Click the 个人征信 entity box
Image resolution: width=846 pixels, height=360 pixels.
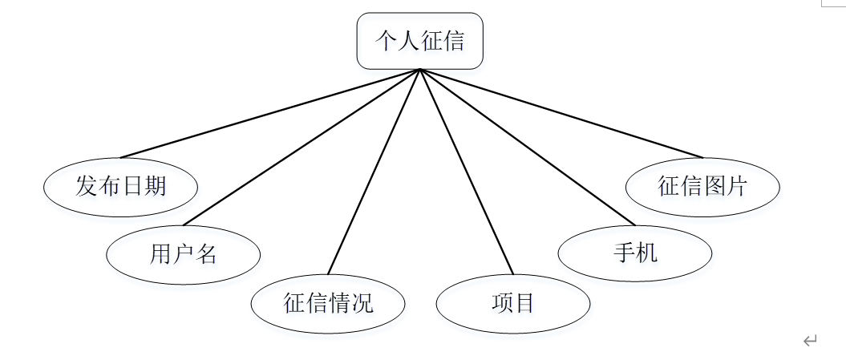coord(419,41)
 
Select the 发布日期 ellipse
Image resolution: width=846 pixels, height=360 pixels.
coord(120,187)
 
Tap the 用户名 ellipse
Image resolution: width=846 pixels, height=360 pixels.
coord(183,254)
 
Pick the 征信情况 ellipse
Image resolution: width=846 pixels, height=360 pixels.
coord(328,304)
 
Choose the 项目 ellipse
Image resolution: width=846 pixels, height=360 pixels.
coord(512,304)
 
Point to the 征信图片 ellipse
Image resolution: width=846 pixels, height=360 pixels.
coord(702,187)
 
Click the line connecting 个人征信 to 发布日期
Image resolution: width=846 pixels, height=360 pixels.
coord(269,113)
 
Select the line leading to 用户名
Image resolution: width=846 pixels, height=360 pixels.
coord(301,147)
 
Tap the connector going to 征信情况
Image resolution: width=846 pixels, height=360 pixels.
coord(374,171)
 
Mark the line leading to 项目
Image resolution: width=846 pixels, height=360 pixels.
coord(466,172)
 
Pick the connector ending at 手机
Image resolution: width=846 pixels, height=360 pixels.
coord(527,147)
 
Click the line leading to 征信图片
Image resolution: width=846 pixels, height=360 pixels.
coord(561,113)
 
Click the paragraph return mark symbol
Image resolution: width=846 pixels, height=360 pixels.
coord(810,341)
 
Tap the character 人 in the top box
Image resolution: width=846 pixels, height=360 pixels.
coord(409,41)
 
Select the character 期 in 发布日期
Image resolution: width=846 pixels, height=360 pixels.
coord(155,187)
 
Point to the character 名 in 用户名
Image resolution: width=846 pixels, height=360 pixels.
coord(206,254)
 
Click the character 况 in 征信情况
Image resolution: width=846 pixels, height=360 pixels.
coord(362,304)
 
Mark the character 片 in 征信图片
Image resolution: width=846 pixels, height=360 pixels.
coord(737,187)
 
